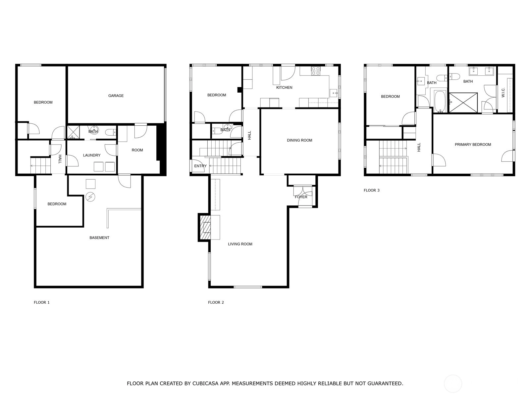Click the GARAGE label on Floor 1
pos(116,96)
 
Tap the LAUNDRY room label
pos(91,155)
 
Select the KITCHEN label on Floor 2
pos(284,87)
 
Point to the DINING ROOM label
pos(299,140)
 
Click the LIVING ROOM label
pos(240,244)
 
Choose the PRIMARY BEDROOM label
pos(473,145)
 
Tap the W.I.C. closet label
pos(503,93)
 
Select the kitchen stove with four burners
pos(316,71)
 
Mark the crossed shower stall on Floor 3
pos(463,103)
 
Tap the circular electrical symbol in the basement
pos(90,197)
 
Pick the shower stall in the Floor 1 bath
pos(73,132)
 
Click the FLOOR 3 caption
pos(371,191)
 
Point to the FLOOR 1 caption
pos(41,302)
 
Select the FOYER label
pos(301,197)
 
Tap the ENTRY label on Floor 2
pos(200,166)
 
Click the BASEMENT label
pos(99,238)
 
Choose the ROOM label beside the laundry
pos(137,150)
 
